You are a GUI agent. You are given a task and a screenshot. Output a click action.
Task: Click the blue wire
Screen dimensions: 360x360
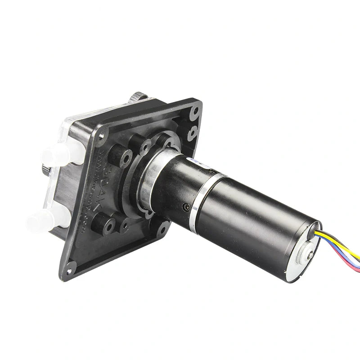coord(344,261)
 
